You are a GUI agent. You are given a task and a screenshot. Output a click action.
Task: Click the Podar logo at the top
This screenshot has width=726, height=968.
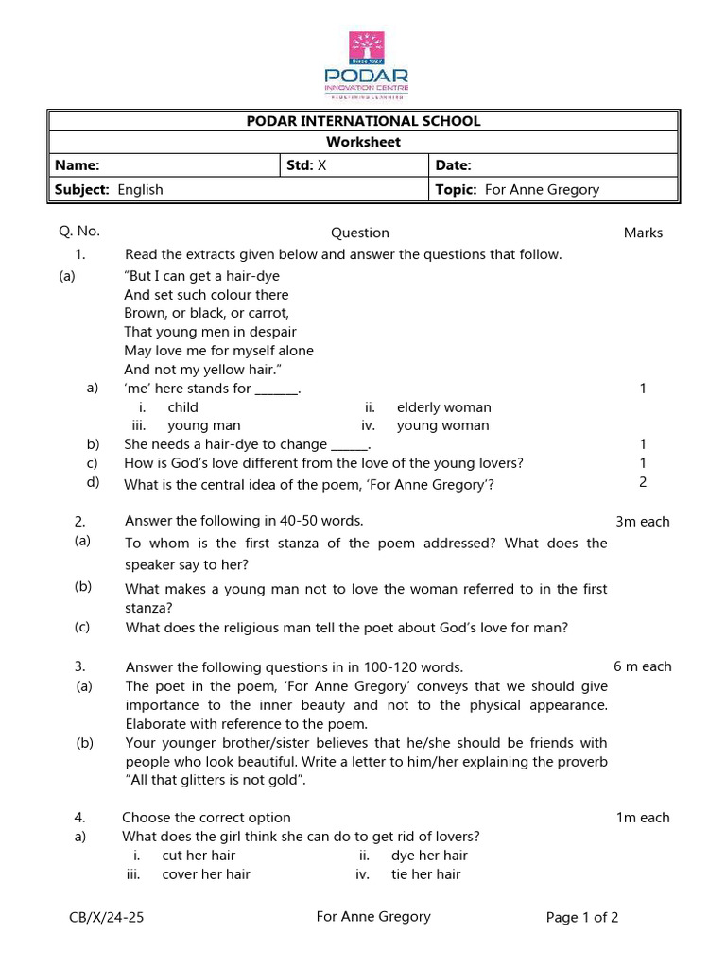click(x=366, y=64)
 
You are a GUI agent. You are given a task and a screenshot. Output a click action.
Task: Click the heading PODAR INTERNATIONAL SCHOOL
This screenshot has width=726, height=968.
click(x=363, y=121)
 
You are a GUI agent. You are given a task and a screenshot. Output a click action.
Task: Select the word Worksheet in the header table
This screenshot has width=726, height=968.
click(x=363, y=142)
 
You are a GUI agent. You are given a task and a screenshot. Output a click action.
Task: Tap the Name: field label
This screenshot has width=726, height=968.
click(x=78, y=165)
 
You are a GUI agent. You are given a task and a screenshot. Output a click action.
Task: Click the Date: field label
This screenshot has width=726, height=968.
click(x=453, y=165)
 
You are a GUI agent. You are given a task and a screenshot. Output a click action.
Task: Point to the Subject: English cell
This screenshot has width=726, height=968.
click(x=109, y=189)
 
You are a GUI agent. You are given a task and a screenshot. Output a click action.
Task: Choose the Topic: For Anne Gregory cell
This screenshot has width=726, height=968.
click(x=517, y=189)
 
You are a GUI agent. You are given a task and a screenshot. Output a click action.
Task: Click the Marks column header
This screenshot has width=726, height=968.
click(x=643, y=233)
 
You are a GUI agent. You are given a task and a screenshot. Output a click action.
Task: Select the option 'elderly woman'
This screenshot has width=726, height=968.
click(x=443, y=407)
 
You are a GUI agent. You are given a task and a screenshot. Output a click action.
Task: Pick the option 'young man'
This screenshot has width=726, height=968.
click(x=203, y=425)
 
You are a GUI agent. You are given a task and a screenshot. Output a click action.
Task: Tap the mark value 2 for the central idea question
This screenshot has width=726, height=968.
click(x=643, y=481)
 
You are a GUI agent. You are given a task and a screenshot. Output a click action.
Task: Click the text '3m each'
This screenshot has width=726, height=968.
click(x=642, y=522)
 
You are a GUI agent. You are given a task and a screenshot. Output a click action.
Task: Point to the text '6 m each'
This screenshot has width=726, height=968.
click(x=642, y=666)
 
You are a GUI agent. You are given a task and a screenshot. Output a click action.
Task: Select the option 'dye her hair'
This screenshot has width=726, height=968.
click(x=429, y=856)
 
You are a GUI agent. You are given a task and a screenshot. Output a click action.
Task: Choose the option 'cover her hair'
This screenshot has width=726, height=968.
click(x=206, y=874)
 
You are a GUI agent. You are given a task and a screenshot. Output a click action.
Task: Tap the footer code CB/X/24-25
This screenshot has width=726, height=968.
click(x=107, y=917)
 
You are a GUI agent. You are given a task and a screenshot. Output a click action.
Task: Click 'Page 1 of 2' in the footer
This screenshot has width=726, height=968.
click(x=582, y=917)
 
